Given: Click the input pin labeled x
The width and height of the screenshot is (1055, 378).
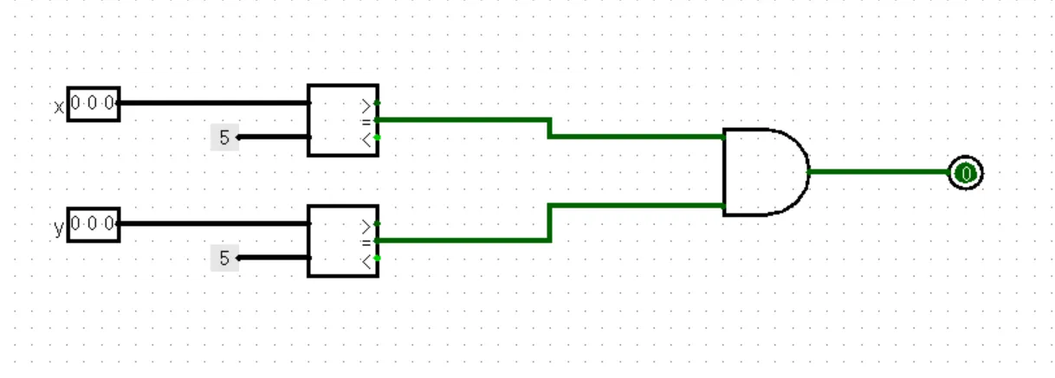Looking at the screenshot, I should (94, 104).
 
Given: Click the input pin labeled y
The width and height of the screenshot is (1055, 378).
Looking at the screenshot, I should (94, 225).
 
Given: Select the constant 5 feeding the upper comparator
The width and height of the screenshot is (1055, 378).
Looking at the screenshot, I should (224, 137).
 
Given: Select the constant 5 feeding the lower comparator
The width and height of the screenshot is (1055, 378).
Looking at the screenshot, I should (224, 258).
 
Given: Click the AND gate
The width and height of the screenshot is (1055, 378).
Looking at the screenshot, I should (762, 172).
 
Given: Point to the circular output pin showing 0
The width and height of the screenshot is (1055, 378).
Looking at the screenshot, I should (964, 174).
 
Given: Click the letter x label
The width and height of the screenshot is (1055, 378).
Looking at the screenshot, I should (59, 107).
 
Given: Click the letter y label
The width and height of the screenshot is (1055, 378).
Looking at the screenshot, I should (59, 229).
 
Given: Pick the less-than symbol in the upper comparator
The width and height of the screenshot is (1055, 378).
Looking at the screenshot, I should (367, 138).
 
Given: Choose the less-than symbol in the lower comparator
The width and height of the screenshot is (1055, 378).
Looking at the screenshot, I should (367, 259).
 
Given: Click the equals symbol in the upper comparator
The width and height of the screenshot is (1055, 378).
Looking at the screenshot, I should (367, 121).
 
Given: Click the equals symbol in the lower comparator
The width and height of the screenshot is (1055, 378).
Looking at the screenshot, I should (367, 242).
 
